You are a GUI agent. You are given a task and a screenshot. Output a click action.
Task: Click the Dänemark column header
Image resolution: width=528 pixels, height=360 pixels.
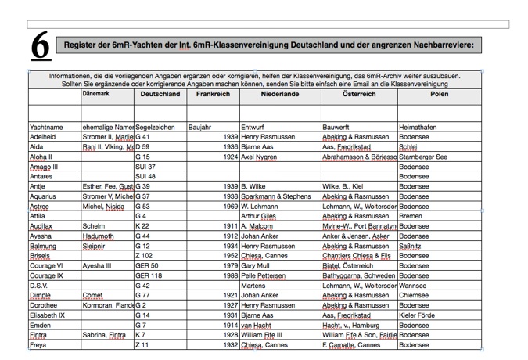click(96, 94)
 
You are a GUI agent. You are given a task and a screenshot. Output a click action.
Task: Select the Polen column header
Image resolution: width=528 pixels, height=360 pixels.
click(439, 94)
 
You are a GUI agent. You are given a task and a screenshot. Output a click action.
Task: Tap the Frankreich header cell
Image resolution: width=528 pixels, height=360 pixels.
click(213, 94)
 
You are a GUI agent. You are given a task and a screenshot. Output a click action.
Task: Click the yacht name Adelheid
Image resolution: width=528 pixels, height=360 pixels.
click(42, 137)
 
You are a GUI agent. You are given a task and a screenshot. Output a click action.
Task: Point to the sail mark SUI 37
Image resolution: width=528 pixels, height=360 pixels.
click(145, 167)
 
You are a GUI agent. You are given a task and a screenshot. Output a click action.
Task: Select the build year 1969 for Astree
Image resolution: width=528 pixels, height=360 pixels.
click(229, 207)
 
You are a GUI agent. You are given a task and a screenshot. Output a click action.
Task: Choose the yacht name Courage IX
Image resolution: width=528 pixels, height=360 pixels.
click(46, 275)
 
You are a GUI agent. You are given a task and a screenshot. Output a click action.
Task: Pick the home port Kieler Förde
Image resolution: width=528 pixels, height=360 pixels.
click(418, 315)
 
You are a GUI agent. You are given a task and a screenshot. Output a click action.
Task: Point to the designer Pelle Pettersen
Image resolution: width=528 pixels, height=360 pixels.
click(264, 275)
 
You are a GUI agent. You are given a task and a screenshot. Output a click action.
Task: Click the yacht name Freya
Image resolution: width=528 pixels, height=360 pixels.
click(38, 344)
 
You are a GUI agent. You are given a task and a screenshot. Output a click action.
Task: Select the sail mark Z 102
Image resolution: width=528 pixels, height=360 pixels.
click(144, 256)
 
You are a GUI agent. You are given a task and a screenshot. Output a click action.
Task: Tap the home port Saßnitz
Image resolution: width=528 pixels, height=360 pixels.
click(411, 246)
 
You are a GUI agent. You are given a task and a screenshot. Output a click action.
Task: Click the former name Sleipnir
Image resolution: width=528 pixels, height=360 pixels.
click(97, 246)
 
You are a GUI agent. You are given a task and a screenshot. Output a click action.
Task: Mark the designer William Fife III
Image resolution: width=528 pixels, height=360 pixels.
click(262, 335)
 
